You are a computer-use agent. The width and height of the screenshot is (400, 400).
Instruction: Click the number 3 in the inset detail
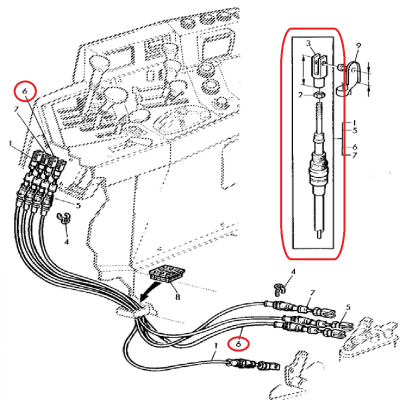310,44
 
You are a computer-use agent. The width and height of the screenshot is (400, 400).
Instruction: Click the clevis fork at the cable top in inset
318,69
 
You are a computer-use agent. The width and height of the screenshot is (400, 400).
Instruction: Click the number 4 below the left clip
67,241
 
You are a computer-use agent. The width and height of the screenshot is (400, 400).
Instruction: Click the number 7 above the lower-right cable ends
312,292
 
